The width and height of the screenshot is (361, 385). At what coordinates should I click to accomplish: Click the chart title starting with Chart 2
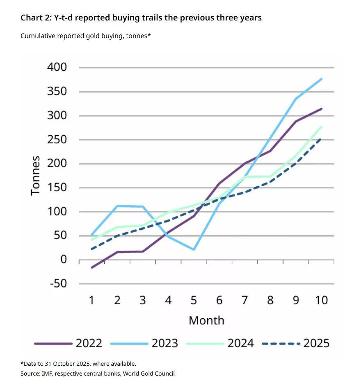point(141,18)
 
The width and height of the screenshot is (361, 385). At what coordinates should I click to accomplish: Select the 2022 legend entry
point(68,343)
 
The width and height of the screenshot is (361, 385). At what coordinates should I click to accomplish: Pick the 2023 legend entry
point(144,343)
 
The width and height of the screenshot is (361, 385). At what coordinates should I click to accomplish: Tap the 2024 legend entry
point(220,343)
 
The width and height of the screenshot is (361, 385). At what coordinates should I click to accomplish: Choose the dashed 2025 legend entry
point(296,343)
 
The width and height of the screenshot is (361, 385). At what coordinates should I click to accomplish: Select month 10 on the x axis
point(321,300)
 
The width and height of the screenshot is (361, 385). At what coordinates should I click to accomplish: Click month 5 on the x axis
point(194,300)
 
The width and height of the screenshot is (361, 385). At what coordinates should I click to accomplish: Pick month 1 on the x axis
point(92,300)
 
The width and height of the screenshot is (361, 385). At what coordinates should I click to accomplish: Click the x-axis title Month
point(206,320)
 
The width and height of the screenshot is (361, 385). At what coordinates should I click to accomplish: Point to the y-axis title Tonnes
point(36,175)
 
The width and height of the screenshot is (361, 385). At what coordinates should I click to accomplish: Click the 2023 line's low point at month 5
point(194,249)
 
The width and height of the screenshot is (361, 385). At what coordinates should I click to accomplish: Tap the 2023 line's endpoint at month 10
point(322,79)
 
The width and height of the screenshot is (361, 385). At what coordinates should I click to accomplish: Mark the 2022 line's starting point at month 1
point(92,267)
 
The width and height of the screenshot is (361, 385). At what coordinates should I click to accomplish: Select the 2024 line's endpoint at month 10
point(322,127)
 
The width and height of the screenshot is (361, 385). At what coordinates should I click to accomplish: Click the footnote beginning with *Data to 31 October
point(78,364)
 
